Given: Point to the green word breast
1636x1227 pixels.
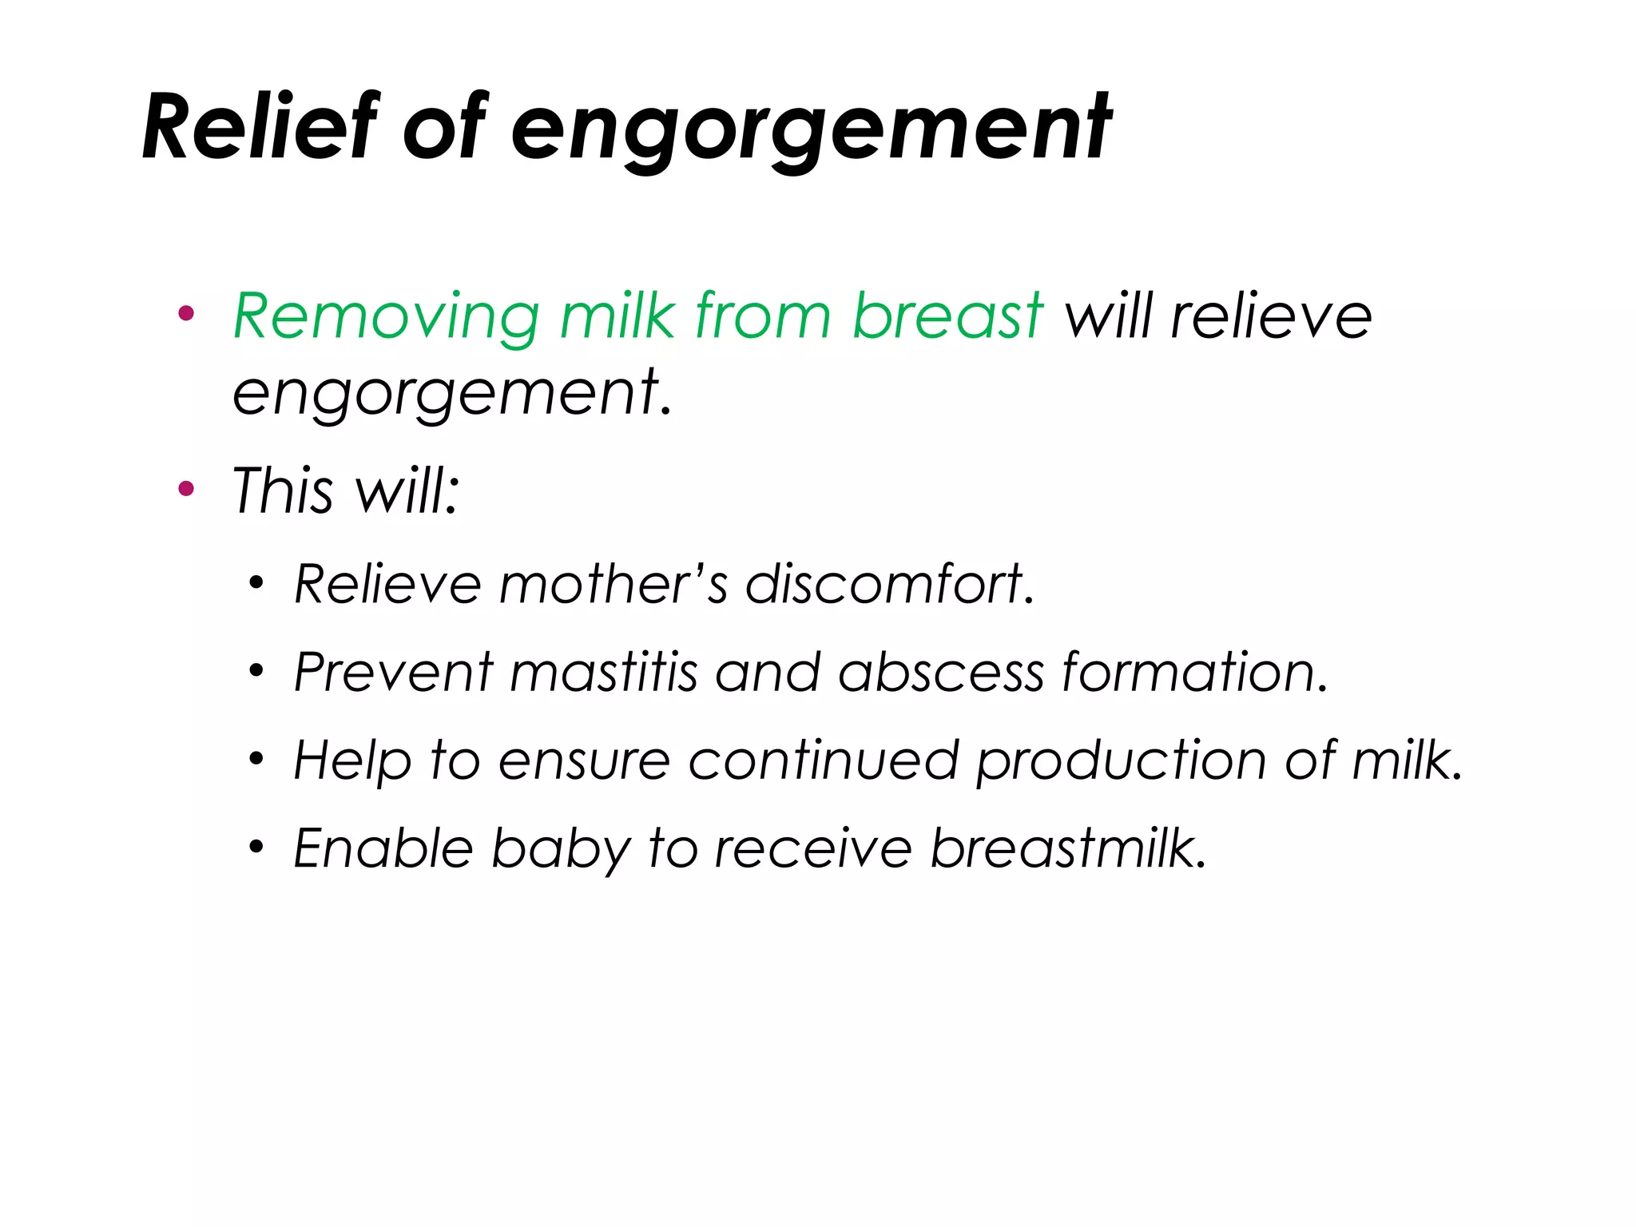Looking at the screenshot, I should (947, 316).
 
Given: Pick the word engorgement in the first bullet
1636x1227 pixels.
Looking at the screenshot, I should (451, 392).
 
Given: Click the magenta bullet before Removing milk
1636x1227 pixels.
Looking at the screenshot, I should (186, 314).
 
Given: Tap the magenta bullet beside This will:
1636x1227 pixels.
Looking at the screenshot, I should (186, 488).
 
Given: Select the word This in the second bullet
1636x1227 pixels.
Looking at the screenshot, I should (282, 490).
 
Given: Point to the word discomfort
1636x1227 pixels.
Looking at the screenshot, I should (888, 584).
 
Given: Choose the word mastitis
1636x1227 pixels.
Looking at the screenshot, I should (604, 672).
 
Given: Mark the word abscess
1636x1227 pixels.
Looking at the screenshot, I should (941, 672).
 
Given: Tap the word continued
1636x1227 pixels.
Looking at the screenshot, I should (824, 760).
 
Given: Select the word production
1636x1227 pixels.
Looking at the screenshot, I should (1122, 761).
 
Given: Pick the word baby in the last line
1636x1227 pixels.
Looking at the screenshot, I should (561, 848).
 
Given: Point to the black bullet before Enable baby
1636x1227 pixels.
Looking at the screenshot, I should (256, 847).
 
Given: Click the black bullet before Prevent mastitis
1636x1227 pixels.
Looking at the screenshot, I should (256, 671).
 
